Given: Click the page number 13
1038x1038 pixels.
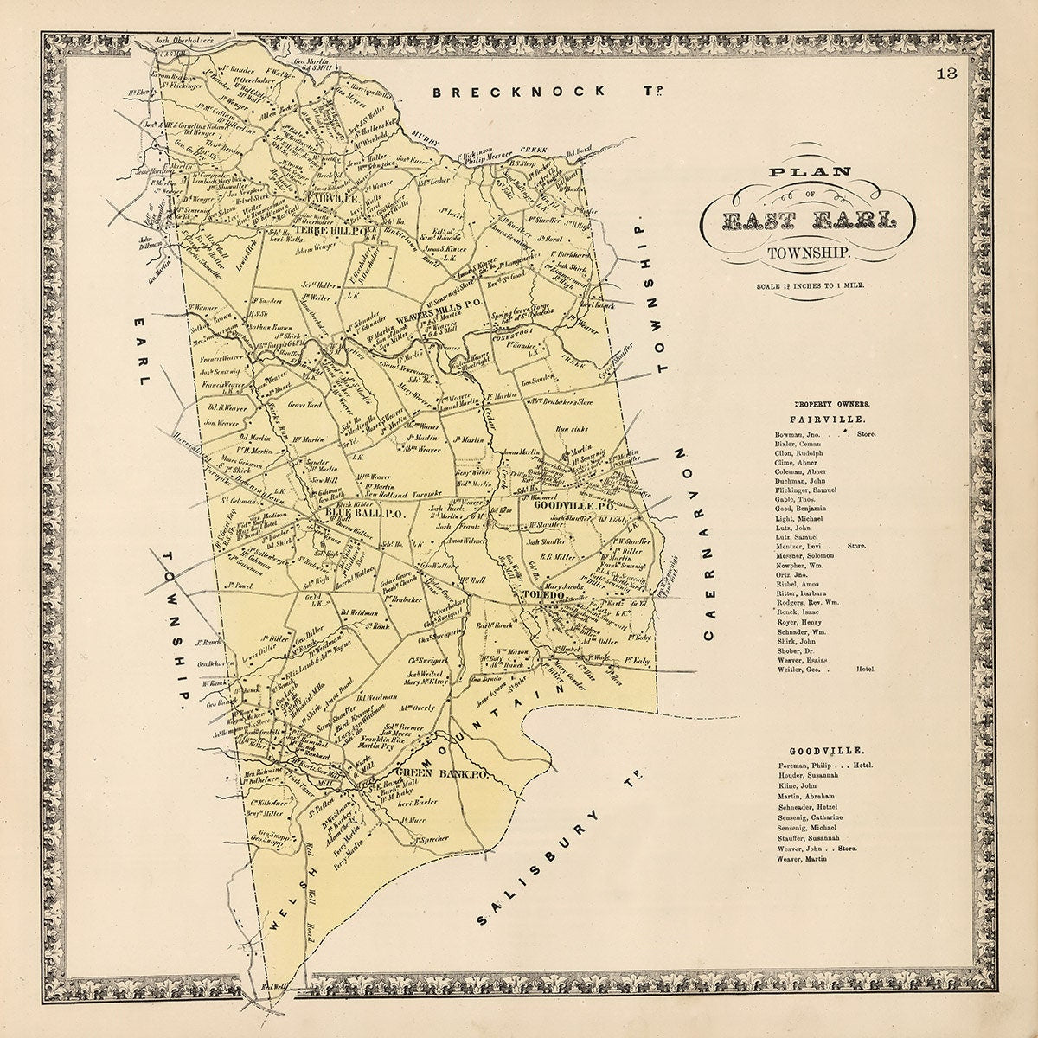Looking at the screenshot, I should point(948,74).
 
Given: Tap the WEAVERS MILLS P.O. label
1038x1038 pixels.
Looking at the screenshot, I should point(432,315).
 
